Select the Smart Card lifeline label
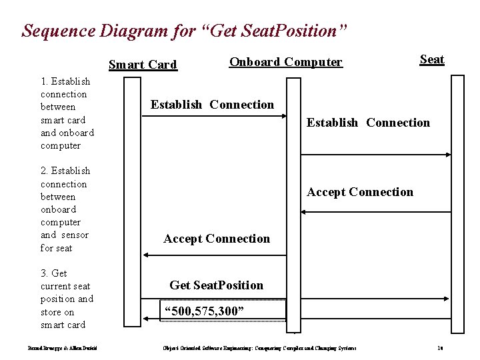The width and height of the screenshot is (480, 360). (x=143, y=65)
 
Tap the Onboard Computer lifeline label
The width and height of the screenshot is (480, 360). (x=285, y=62)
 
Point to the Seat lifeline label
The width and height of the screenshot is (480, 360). (x=432, y=59)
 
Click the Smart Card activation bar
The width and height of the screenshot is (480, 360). (x=133, y=200)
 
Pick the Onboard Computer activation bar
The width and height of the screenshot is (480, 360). (x=293, y=200)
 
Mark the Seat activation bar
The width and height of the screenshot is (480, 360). (x=457, y=200)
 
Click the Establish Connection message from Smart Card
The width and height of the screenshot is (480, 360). (x=212, y=105)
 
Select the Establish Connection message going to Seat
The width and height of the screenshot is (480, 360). (x=368, y=123)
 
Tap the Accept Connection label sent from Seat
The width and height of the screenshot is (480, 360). (x=360, y=192)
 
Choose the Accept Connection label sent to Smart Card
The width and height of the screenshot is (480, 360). (x=217, y=239)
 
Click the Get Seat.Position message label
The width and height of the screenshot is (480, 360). (x=217, y=285)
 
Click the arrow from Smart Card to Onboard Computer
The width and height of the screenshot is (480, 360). (x=213, y=117)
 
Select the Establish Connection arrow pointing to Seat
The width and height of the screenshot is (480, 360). (x=376, y=155)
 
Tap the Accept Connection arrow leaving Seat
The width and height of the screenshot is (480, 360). (x=376, y=212)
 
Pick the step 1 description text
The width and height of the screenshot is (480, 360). (x=67, y=113)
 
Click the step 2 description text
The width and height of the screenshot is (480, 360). (x=65, y=209)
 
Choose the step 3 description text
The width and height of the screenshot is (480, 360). (x=67, y=299)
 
